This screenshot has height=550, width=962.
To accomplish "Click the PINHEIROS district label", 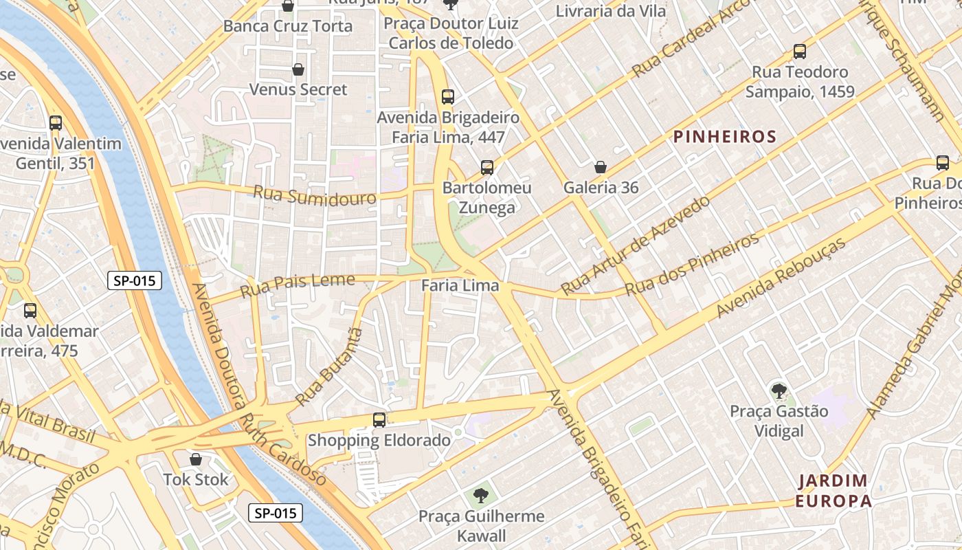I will coord(725,137).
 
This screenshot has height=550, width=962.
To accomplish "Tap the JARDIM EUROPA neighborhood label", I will coord(833,490).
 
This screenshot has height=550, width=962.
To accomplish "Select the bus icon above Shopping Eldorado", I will coord(379,419).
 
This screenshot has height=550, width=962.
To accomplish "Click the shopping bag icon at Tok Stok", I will coord(196,459).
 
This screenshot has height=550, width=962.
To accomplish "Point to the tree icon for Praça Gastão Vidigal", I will coord(779,391).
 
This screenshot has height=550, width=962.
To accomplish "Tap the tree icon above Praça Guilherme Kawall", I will coord(481,495).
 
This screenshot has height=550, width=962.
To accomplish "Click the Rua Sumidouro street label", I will coord(315,195).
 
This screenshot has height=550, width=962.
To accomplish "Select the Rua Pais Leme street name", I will coord(297,285).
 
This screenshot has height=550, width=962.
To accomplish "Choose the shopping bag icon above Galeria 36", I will coord(601,167).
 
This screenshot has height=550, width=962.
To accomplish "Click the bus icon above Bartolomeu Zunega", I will coord(486,167).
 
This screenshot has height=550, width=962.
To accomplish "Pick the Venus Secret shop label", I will coord(298,89).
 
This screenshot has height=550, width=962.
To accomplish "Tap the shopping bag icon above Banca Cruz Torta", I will coord(288,6).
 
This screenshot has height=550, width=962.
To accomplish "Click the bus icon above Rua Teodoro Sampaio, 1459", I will coord(799,52).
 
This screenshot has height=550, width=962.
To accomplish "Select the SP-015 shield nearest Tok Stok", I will coord(275,513).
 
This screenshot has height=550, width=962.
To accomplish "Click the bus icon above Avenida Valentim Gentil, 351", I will coord(56,123).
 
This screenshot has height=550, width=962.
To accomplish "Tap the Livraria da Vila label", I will coord(610,11).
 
